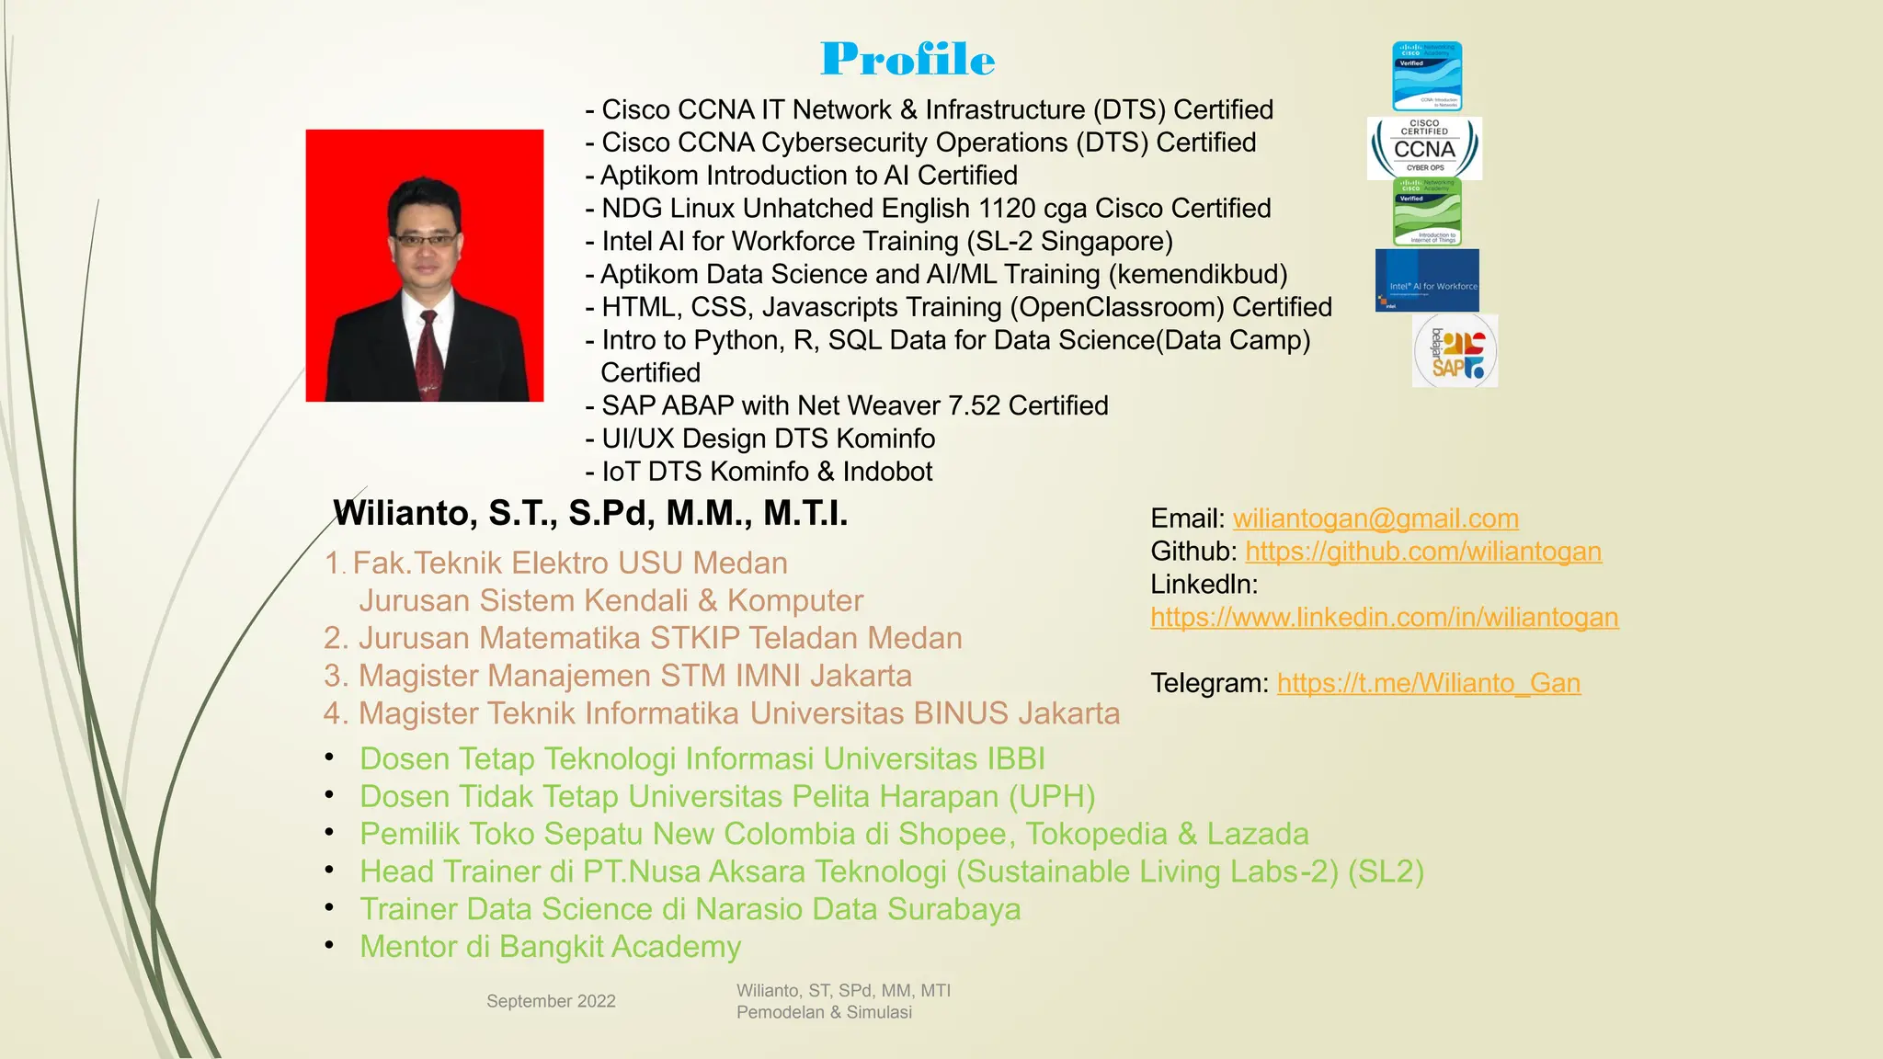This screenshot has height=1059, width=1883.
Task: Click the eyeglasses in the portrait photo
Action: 425,240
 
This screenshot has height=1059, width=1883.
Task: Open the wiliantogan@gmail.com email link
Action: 1375,518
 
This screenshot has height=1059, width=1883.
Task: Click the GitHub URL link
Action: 1423,552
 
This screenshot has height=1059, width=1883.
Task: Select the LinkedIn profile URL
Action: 1384,618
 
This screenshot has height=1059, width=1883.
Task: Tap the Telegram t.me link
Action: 1429,684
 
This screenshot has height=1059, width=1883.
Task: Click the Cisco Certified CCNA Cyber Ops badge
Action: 1424,148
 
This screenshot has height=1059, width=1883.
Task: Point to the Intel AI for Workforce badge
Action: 1427,280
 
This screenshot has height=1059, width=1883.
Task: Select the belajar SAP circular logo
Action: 1455,351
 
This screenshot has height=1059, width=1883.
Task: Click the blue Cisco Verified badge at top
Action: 1427,76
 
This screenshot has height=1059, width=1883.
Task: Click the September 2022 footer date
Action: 551,1001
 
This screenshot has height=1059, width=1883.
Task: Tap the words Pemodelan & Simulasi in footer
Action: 824,1012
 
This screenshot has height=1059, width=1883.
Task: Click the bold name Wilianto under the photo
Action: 401,513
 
